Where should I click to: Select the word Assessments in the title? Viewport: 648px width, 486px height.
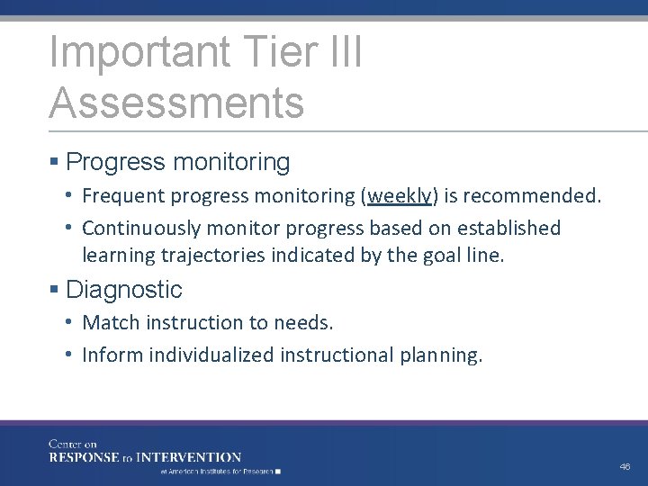(176, 102)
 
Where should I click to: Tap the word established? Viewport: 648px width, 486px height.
(506, 229)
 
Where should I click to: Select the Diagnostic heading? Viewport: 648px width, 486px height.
(123, 290)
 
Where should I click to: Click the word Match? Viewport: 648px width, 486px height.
(107, 322)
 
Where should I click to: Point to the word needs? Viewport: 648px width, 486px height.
(307, 322)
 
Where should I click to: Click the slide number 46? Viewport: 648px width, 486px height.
(625, 467)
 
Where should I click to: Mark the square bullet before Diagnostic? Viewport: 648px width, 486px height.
(55, 290)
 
